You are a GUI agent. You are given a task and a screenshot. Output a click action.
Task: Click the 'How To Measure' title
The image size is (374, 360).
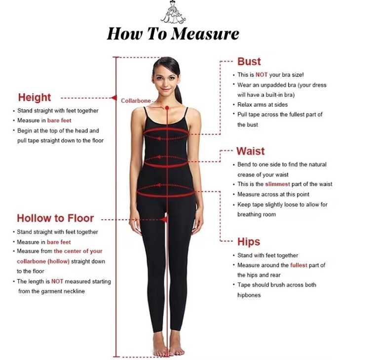pyautogui.click(x=173, y=34)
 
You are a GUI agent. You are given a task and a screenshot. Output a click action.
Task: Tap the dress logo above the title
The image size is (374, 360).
pyautogui.click(x=173, y=12)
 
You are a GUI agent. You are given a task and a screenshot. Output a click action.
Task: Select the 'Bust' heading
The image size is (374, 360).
pyautogui.click(x=249, y=62)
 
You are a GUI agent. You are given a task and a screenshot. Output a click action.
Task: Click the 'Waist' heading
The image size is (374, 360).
pyautogui.click(x=251, y=151)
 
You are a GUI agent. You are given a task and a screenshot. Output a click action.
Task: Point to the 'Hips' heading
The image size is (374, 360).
pyautogui.click(x=249, y=242)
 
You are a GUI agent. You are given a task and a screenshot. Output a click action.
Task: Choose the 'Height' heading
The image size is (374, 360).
pyautogui.click(x=35, y=97)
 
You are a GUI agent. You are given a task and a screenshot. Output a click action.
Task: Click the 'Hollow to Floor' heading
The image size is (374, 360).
pyautogui.click(x=55, y=218)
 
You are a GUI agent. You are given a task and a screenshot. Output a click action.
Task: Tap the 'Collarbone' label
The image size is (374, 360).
pyautogui.click(x=136, y=101)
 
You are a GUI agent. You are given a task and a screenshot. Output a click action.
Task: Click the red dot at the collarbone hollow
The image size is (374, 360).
pyautogui.click(x=167, y=108)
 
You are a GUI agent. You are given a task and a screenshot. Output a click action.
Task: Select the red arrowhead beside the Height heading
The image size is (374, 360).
pyautogui.click(x=114, y=98)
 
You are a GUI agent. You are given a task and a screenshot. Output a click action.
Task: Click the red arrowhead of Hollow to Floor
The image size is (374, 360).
pyautogui.click(x=164, y=219)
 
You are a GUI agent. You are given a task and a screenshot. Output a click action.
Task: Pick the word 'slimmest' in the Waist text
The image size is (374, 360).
pyautogui.click(x=277, y=184)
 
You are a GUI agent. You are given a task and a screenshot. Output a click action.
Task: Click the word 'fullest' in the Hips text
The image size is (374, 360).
pyautogui.click(x=299, y=265)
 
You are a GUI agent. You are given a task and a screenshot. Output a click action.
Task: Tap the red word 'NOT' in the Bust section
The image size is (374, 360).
pyautogui.click(x=262, y=75)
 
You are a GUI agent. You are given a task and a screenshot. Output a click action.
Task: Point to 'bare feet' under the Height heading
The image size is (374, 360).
pyautogui.click(x=59, y=120)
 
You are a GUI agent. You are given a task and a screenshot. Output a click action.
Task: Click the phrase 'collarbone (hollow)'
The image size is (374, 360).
pyautogui.click(x=43, y=261)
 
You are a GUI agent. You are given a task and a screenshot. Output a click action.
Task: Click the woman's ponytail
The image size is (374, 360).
pyautogui.click(x=179, y=94)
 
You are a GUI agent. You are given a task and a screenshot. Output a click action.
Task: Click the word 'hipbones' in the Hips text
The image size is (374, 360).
pyautogui.click(x=249, y=295)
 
